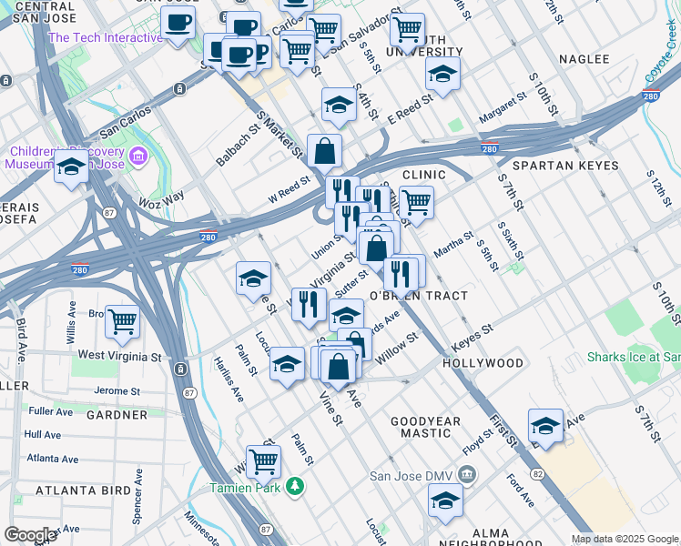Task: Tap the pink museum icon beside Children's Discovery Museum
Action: click(137, 157)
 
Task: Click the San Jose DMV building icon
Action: click(466, 474)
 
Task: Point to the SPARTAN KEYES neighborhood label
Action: click(564, 167)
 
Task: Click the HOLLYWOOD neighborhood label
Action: click(483, 363)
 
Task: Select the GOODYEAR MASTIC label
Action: click(432, 429)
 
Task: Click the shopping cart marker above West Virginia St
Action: click(122, 321)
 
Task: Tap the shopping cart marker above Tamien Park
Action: click(263, 460)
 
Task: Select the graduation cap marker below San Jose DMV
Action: click(445, 500)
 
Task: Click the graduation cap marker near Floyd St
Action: click(545, 425)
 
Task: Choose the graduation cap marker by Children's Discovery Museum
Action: click(71, 167)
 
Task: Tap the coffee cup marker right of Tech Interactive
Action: click(178, 22)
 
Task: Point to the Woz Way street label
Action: click(160, 197)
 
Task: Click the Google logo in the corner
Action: click(30, 535)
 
